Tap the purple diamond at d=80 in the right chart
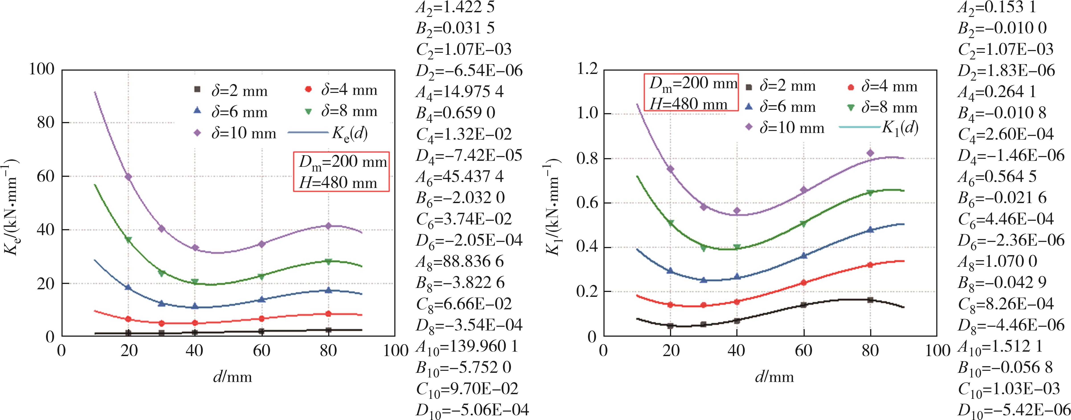click(x=870, y=153)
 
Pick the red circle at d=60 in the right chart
click(x=803, y=283)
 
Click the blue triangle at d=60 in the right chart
click(x=803, y=256)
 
